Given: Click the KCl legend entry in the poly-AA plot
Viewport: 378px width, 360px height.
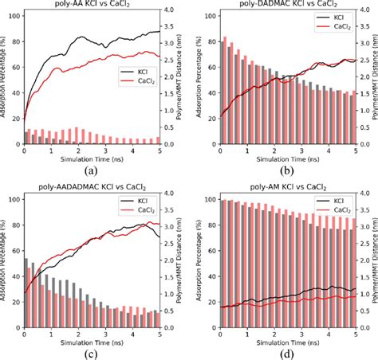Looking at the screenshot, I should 136,71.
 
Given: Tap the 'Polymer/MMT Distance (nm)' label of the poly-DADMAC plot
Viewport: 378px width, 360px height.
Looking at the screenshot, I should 372,80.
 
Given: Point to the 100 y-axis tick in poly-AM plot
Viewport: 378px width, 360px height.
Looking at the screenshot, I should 210,200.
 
